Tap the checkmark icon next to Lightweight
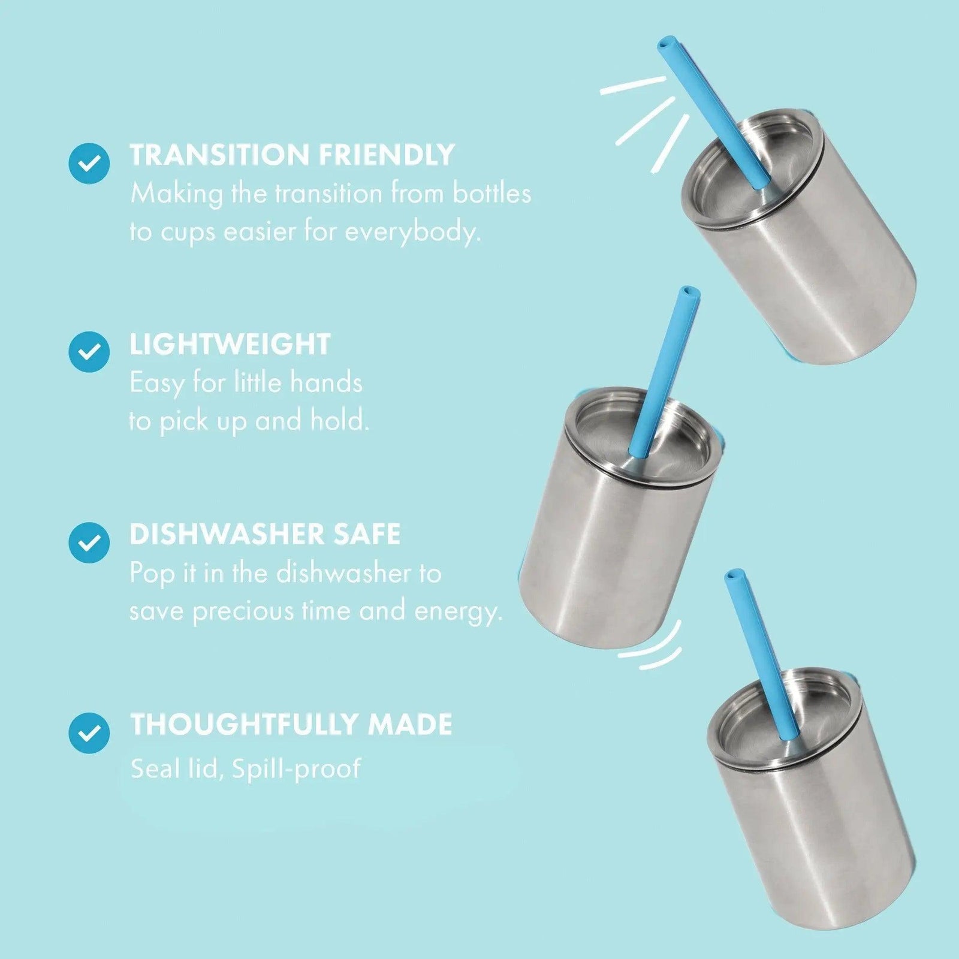click(x=89, y=352)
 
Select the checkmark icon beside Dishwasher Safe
click(x=89, y=542)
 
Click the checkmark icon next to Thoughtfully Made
click(x=89, y=732)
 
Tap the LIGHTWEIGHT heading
click(x=230, y=345)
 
